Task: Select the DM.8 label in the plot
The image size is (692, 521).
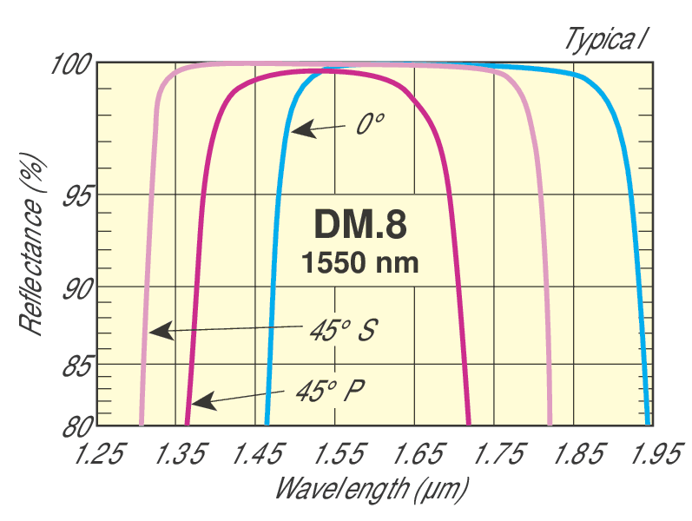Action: coord(359,225)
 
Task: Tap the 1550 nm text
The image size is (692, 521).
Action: coord(359,262)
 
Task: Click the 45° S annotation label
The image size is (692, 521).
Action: coord(341,330)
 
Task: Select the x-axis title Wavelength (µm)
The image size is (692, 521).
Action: coord(372,488)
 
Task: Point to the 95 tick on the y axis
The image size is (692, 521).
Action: coord(77,195)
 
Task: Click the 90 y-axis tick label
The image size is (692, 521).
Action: coord(77,288)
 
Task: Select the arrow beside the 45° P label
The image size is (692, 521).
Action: coord(247,399)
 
